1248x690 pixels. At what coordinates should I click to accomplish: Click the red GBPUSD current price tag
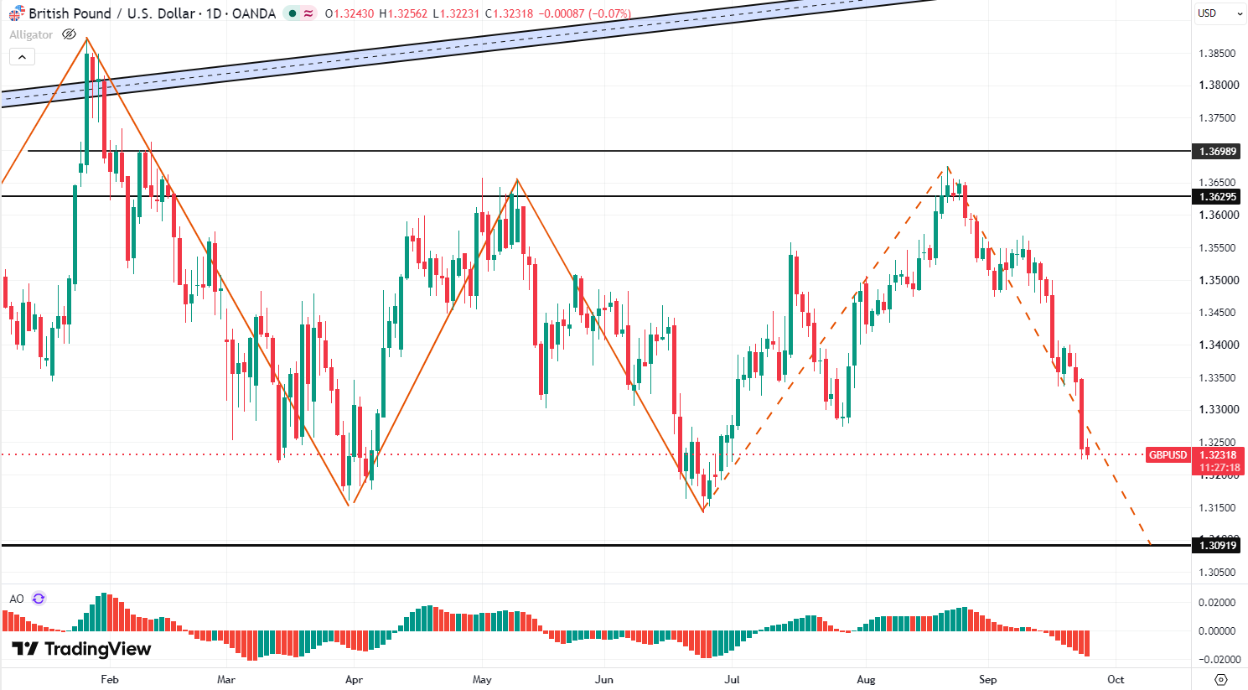click(1168, 454)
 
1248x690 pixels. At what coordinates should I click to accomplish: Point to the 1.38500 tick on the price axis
click(1217, 54)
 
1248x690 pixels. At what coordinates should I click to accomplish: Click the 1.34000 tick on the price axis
click(1217, 345)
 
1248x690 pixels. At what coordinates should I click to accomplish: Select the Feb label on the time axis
click(110, 679)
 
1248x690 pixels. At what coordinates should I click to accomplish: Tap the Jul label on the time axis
click(732, 679)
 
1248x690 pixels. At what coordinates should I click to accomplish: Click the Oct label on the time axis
click(1116, 679)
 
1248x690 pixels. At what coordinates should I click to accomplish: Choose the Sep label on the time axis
click(988, 679)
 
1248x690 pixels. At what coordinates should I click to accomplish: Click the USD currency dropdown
click(1220, 13)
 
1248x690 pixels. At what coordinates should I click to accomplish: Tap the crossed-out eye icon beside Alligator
click(69, 34)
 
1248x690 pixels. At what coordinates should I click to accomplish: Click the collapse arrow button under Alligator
click(23, 57)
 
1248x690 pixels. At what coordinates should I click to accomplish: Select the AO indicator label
click(17, 599)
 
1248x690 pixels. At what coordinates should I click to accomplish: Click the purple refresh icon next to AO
click(39, 599)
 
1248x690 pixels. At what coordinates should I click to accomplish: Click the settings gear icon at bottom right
click(1220, 679)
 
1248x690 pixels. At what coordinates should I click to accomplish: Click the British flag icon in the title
click(17, 13)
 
